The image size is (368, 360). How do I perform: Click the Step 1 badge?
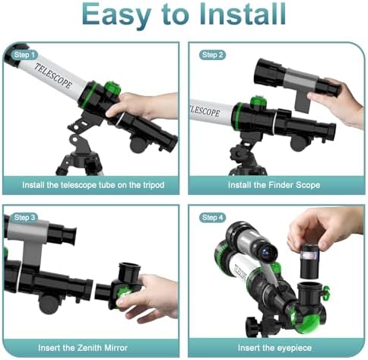(x=24, y=55)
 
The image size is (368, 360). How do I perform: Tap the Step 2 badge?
(x=212, y=55)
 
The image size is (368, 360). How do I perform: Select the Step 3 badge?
(x=24, y=218)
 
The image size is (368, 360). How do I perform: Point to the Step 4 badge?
(x=212, y=218)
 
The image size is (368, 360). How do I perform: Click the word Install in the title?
(x=243, y=14)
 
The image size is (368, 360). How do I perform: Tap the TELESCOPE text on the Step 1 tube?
(x=53, y=75)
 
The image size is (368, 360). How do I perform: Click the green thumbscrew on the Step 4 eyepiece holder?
(x=326, y=292)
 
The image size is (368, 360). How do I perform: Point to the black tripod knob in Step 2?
(x=238, y=154)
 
